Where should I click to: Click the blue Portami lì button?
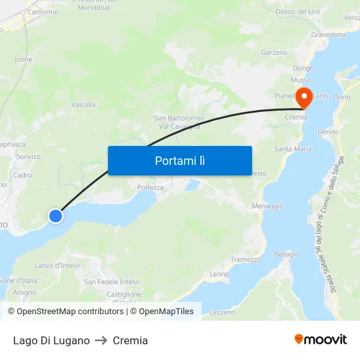pos(179,160)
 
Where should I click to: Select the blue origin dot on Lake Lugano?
pos(56,215)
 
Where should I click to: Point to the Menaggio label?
pos(268,206)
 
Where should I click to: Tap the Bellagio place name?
pos(287,255)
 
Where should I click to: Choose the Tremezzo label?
pos(245,260)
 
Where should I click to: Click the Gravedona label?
pos(329,34)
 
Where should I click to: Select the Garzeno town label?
pos(274,52)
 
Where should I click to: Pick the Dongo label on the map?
pos(303,68)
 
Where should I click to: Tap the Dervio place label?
pos(327,132)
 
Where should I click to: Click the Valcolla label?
pos(83,105)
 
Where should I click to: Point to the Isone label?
pos(24,60)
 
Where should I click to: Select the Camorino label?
pos(43,12)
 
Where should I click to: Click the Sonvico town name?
pos(28,157)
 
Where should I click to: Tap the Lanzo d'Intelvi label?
pos(57,265)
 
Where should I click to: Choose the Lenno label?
pos(219,274)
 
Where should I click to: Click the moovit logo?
pos(321,340)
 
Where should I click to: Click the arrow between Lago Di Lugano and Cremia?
pos(101,340)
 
